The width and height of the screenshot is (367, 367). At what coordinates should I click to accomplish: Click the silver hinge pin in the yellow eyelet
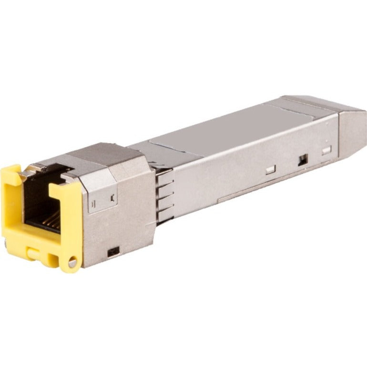(x=72, y=263)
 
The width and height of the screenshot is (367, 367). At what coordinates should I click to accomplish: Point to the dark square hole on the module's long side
(x=302, y=161)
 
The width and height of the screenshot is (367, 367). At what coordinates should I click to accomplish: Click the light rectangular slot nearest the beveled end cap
(x=326, y=151)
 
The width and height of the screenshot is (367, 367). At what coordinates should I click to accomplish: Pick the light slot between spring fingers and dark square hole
(x=270, y=169)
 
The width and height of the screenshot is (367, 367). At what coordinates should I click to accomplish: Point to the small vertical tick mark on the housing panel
(x=112, y=195)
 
